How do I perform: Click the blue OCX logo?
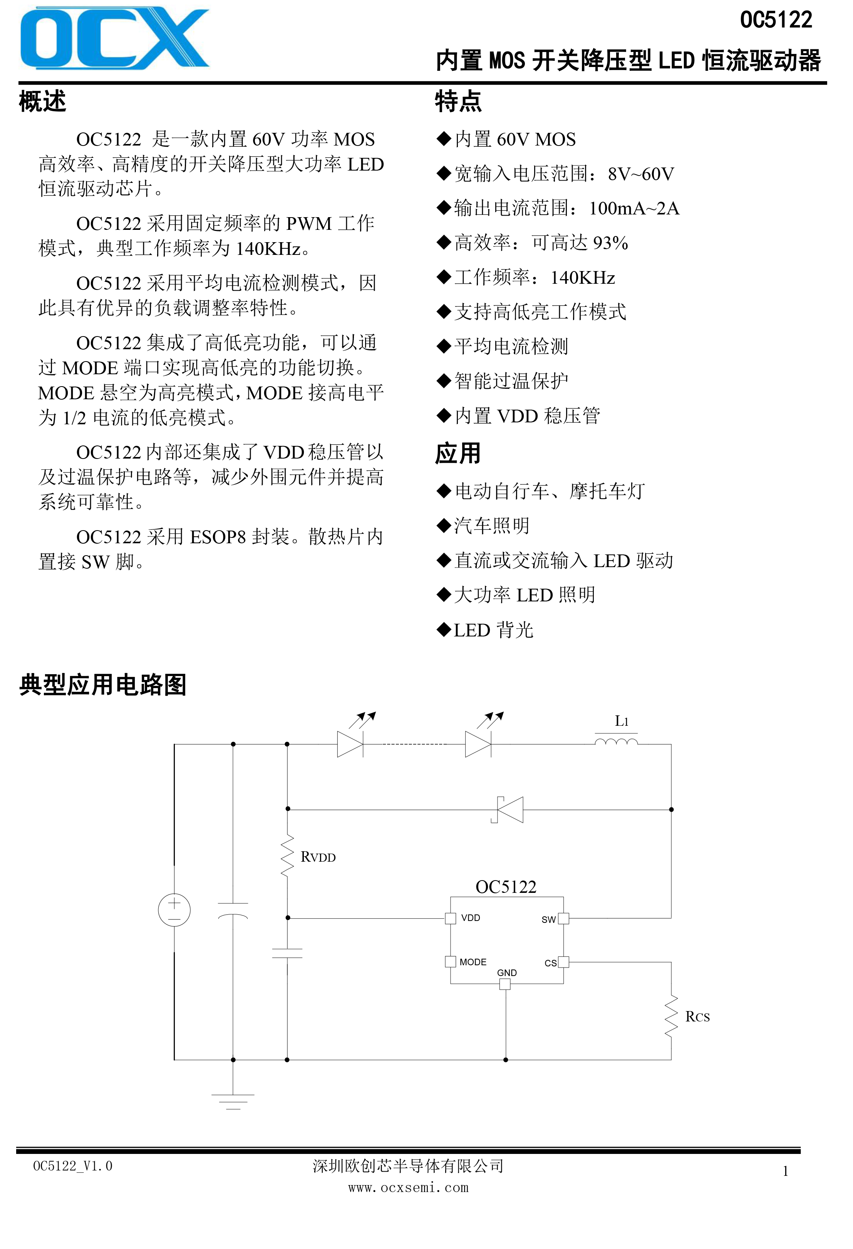tap(114, 38)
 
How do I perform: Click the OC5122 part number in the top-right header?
tap(776, 20)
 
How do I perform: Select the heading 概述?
tap(42, 101)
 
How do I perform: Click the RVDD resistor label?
tap(318, 857)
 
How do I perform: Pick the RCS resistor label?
tap(698, 1016)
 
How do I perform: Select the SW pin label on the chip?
tap(548, 919)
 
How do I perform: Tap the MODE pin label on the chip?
tap(473, 962)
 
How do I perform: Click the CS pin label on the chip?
tap(550, 963)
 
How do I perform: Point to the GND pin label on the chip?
tap(507, 973)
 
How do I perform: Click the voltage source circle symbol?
tap(174, 910)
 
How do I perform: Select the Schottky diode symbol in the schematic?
tap(508, 809)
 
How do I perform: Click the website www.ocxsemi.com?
tap(409, 1188)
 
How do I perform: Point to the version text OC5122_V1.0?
tap(72, 1166)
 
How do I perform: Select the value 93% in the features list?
tap(611, 243)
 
